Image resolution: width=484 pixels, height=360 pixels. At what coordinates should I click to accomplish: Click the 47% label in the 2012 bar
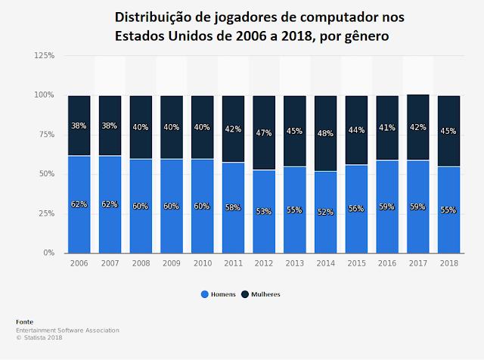coord(264,132)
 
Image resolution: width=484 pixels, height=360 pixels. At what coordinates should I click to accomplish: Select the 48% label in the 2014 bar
coord(326,134)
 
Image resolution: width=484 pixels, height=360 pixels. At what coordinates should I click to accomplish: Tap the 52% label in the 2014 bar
coord(326,212)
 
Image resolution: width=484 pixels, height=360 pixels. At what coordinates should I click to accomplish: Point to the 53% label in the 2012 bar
coord(264,211)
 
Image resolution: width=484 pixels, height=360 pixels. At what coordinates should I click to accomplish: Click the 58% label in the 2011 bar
coord(233,206)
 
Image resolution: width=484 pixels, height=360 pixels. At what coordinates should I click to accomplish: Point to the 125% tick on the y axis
coord(43,56)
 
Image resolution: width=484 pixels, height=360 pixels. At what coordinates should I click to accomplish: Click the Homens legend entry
coord(220,294)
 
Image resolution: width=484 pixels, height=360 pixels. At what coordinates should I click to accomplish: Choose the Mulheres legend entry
coord(265,294)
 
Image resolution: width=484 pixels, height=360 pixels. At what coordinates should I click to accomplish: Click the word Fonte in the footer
coord(25,322)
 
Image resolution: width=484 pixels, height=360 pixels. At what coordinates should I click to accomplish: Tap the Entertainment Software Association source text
coord(67,330)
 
